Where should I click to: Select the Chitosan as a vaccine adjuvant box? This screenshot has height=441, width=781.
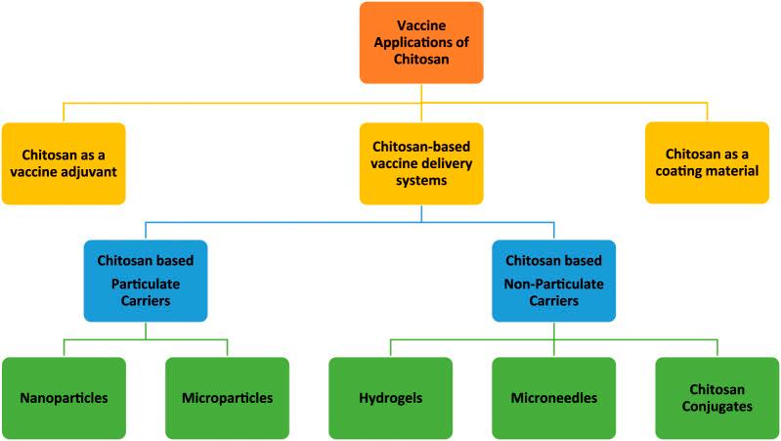pos(64,162)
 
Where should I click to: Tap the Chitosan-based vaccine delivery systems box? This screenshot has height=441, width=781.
pos(421,162)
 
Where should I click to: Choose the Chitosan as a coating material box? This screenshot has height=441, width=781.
pos(707,162)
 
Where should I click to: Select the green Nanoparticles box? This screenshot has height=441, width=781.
pos(64,398)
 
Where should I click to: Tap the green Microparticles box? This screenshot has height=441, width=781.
pos(227,398)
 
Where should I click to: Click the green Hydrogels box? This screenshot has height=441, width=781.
pos(390,398)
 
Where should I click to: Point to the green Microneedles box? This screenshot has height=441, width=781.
pos(553,398)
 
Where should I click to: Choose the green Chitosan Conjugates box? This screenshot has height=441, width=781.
pos(716,398)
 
